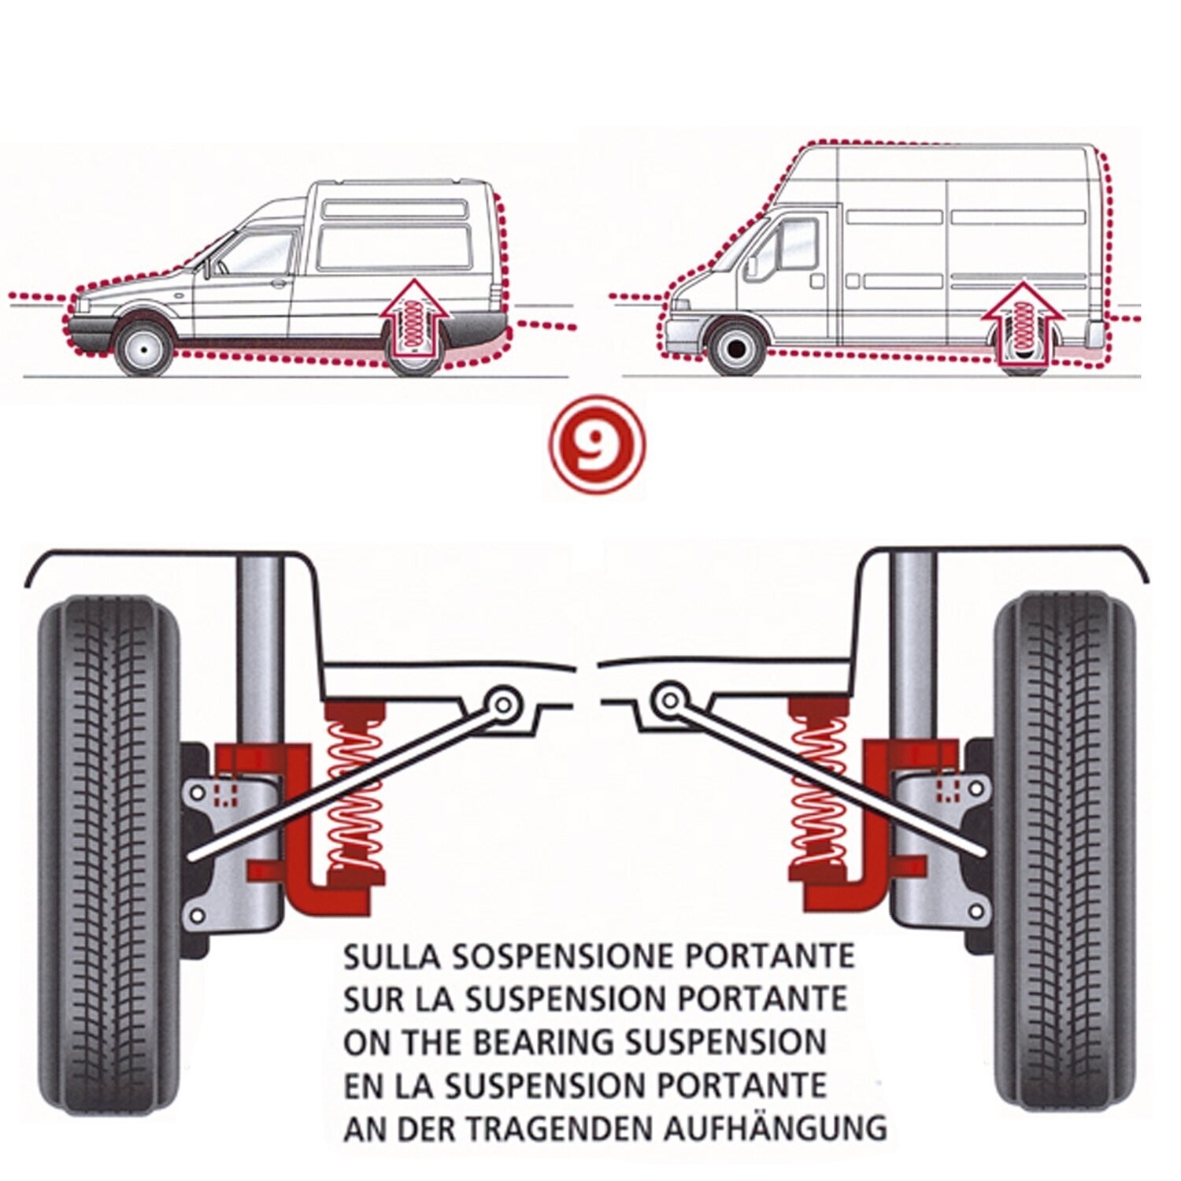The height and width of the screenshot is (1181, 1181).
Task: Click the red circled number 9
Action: coord(596,444)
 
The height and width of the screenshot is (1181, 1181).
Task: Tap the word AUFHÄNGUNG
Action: coord(775,1127)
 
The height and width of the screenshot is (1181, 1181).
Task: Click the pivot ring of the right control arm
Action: coord(669,699)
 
